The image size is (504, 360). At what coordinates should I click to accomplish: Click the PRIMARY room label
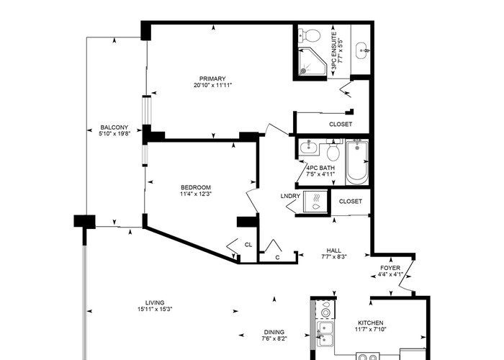pos(212,78)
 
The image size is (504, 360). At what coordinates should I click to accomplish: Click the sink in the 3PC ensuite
pos(363,50)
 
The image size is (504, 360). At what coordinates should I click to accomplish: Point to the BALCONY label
pos(114,127)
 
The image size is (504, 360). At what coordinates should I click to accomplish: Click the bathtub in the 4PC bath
pos(357,161)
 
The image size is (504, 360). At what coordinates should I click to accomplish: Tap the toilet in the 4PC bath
pos(333,150)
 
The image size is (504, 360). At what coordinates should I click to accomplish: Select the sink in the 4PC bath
pos(308,148)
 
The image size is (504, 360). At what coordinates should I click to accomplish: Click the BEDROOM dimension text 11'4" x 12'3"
pos(196,194)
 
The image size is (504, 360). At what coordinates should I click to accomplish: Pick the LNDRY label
pos(290,196)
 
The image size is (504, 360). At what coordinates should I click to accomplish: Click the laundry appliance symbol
pos(315,202)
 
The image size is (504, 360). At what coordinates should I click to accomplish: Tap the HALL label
pos(333,251)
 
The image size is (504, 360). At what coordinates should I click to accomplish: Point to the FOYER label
pos(390,268)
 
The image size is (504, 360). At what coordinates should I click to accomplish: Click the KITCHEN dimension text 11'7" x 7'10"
pos(371,329)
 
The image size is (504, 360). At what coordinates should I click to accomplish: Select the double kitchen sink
pos(325,333)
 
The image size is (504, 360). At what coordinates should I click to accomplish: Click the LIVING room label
pos(155,303)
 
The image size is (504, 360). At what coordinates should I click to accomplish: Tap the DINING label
pos(274,332)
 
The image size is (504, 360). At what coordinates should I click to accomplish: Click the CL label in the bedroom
pos(248,245)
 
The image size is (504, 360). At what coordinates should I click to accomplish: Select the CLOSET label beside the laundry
pos(351,201)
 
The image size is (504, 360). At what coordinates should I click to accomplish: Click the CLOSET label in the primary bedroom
pos(341,124)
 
